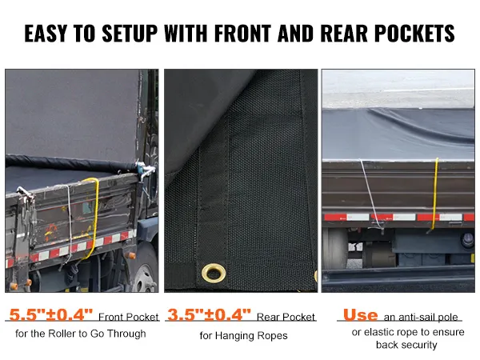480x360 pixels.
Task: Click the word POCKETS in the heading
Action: click(x=418, y=34)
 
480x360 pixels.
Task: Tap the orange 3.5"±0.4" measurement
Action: click(x=209, y=315)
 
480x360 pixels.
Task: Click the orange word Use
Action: click(x=360, y=315)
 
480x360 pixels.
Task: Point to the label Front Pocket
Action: click(x=128, y=318)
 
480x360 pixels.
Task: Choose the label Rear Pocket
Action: click(x=286, y=318)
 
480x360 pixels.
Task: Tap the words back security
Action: click(x=406, y=345)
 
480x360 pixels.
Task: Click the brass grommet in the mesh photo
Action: click(x=214, y=273)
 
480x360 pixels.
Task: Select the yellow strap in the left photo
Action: click(x=92, y=216)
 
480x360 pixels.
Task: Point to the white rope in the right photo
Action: click(x=366, y=192)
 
